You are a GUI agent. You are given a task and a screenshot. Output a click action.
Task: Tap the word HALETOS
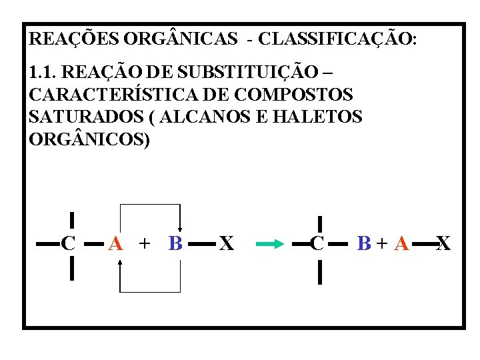point(317,117)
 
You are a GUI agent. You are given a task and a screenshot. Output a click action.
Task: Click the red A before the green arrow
point(115,244)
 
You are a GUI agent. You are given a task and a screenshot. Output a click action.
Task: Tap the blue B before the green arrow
point(175,244)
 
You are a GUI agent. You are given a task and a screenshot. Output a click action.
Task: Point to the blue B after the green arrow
point(364,244)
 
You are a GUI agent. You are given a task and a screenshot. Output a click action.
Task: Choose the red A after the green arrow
point(401,244)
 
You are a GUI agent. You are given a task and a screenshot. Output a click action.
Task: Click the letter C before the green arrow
point(68,244)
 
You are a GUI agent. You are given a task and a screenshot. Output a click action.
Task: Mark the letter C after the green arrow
point(318,244)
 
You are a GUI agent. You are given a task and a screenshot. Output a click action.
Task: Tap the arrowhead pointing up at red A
point(119,262)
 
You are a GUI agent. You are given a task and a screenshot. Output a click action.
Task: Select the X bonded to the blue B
point(227,244)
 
